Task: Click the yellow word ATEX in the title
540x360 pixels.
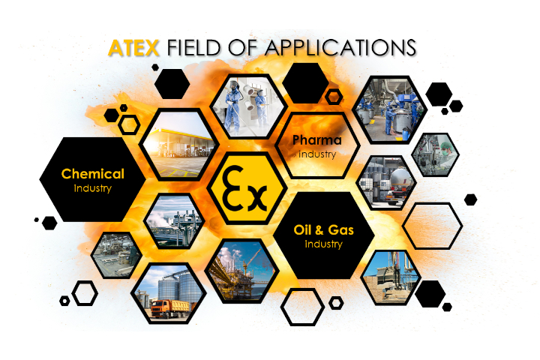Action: click(133, 48)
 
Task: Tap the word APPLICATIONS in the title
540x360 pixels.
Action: click(340, 48)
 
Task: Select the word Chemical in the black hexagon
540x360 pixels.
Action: click(93, 174)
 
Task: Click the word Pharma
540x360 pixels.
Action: click(316, 140)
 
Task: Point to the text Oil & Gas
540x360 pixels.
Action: click(323, 229)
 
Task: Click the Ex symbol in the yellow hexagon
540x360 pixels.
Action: click(244, 188)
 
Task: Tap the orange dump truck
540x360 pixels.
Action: click(170, 308)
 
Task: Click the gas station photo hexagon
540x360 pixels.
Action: click(179, 145)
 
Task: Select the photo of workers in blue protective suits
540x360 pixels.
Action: click(248, 106)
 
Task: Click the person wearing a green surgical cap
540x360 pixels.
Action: click(446, 152)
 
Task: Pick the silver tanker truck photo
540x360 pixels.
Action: click(387, 182)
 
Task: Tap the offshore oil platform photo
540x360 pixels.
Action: click(241, 271)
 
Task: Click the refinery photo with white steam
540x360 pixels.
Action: click(174, 221)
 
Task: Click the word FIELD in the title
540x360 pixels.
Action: click(193, 48)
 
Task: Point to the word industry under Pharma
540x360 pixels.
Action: click(317, 154)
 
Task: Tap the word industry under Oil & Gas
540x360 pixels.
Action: click(323, 244)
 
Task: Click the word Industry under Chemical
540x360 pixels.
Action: click(93, 188)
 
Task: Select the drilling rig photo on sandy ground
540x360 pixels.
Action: click(391, 277)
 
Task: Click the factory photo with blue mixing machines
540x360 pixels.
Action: click(389, 110)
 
